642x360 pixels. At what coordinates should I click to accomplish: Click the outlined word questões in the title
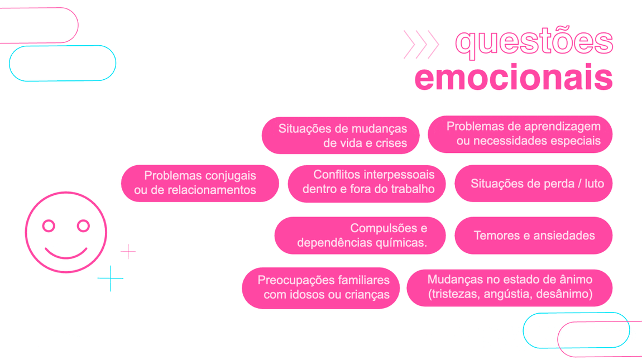(x=534, y=42)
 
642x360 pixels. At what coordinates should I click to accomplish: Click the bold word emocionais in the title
(x=514, y=78)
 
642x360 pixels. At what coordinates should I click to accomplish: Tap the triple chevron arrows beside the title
(x=421, y=44)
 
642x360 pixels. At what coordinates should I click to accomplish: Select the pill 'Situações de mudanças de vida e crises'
(x=341, y=136)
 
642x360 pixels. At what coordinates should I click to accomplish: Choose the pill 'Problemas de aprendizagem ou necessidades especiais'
(x=520, y=134)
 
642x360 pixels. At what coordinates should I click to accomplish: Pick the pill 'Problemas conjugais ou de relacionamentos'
(x=200, y=183)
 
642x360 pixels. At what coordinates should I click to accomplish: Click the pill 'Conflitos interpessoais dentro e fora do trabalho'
(x=367, y=183)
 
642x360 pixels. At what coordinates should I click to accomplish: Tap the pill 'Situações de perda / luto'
(x=534, y=183)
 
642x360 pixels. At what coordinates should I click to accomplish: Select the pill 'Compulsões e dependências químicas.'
(x=360, y=236)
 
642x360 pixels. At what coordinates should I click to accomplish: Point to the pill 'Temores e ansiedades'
(x=534, y=236)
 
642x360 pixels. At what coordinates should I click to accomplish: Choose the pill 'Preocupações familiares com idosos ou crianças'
(x=321, y=287)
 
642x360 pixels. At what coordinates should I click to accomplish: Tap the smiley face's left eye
(x=49, y=226)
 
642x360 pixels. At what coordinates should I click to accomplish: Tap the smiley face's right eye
(x=83, y=226)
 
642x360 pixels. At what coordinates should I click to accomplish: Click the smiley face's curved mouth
(x=66, y=253)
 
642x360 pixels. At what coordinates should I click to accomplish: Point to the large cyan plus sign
(x=111, y=278)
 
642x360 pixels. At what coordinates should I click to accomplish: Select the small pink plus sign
(x=128, y=252)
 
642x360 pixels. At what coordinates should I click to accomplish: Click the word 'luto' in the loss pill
(x=594, y=184)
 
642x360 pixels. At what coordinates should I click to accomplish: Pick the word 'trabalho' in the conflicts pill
(x=411, y=190)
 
